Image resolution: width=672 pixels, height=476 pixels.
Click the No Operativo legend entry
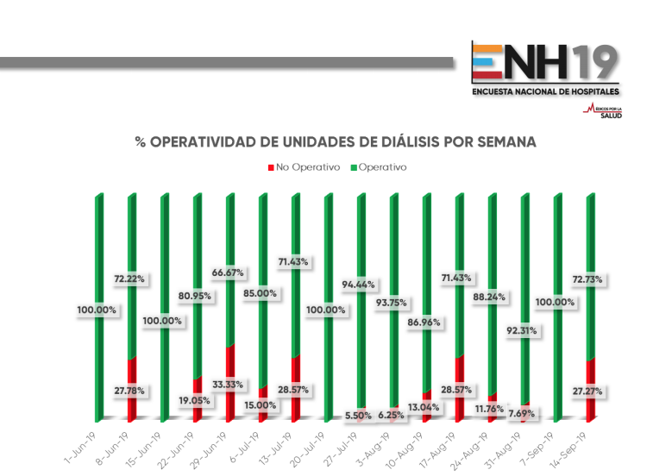(304, 166)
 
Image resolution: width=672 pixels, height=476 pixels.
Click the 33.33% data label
(229, 384)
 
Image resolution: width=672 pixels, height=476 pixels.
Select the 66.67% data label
(228, 273)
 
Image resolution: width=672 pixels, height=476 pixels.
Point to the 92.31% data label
(522, 330)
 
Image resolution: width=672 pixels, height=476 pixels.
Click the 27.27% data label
(587, 391)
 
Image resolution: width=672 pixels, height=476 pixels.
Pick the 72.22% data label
(129, 279)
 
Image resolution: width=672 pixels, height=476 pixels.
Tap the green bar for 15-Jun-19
(163, 302)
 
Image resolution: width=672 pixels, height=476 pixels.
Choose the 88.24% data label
(488, 297)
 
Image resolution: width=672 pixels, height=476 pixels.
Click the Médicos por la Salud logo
(603, 110)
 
